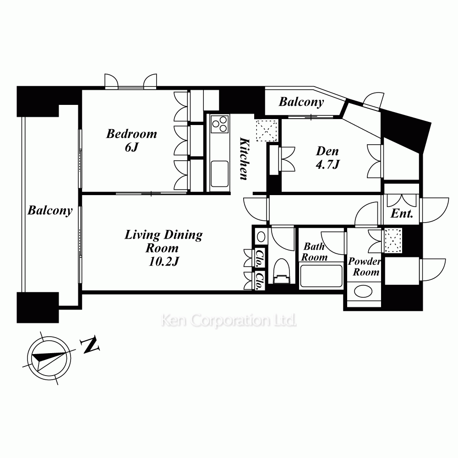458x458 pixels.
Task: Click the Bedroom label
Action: tap(131, 134)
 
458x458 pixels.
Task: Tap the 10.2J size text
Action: tap(164, 262)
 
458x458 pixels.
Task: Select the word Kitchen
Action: tap(245, 158)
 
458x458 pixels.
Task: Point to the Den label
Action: tap(327, 151)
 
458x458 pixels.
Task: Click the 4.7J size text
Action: tap(327, 165)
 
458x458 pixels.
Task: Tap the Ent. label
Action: tap(402, 213)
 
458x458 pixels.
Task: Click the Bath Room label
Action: tap(314, 252)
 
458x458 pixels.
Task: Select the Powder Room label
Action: tap(365, 267)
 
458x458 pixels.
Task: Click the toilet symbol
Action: tap(282, 271)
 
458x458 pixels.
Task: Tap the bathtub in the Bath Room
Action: tap(321, 276)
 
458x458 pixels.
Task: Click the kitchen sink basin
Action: tap(220, 174)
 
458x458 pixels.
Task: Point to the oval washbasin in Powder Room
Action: tap(363, 291)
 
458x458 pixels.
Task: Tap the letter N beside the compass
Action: tap(91, 345)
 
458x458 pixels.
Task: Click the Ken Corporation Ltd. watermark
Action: tap(229, 321)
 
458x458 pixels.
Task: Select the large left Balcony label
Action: tap(50, 210)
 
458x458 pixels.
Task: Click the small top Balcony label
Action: tap(301, 102)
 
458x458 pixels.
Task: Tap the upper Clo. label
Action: tap(259, 258)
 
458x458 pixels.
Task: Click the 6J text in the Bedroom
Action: tap(131, 147)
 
